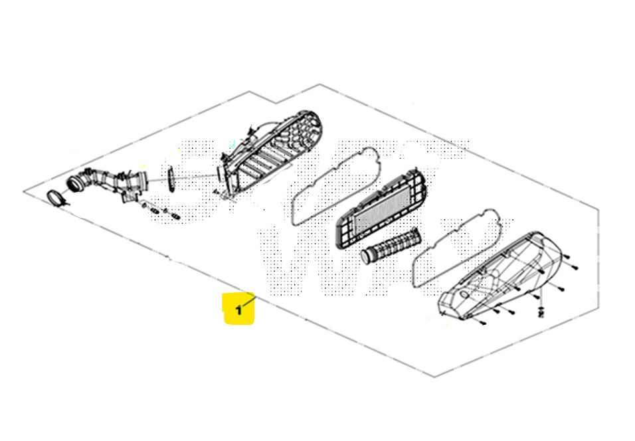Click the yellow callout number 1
click(x=239, y=311)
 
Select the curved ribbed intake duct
click(x=108, y=182)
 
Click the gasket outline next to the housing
click(x=336, y=185)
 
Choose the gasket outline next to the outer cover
click(x=458, y=248)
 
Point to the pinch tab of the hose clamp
click(x=65, y=203)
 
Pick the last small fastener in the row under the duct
click(x=175, y=216)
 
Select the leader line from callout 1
click(x=248, y=302)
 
